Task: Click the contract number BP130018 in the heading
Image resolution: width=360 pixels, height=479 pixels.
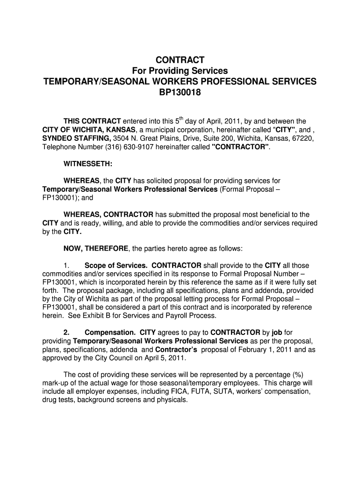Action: [180, 93]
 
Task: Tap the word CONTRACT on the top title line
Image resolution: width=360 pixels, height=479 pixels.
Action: [180, 60]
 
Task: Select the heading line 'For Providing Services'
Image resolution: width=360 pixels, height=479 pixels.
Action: [180, 71]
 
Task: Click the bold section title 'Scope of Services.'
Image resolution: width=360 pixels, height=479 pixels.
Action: [116, 265]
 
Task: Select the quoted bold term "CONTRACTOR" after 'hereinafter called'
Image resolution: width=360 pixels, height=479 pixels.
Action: [241, 146]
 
